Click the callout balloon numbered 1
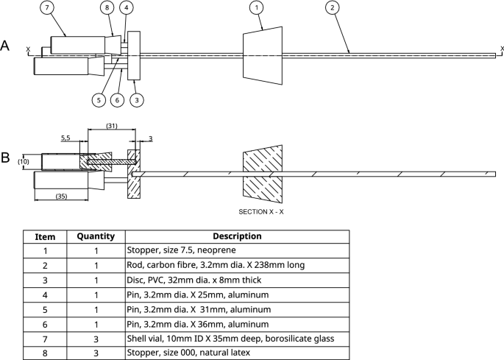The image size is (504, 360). coord(257,8)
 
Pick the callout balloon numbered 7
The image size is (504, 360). coord(47,8)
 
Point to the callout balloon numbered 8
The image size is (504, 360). coord(108,8)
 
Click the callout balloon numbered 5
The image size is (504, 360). coord(98,99)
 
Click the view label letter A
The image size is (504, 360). coord(5,46)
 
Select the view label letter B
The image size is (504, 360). coord(5,158)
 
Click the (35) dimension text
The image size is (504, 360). coord(61,197)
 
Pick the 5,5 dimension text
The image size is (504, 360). coord(65,137)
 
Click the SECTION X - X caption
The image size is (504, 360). coord(262,211)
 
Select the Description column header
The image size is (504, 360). coord(237,236)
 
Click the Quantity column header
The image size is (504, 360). coord(96,236)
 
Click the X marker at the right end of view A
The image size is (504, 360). coord(501,49)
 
